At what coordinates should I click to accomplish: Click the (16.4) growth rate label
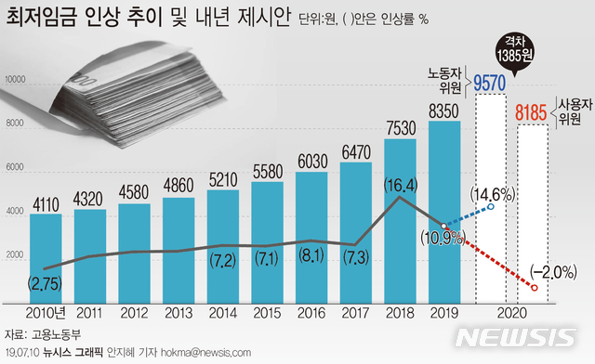click(400, 185)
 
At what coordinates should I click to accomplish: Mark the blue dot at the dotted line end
click(491, 207)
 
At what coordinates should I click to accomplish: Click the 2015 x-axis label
click(268, 314)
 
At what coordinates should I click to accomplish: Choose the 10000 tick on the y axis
click(15, 81)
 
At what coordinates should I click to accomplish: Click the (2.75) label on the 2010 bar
click(46, 281)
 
